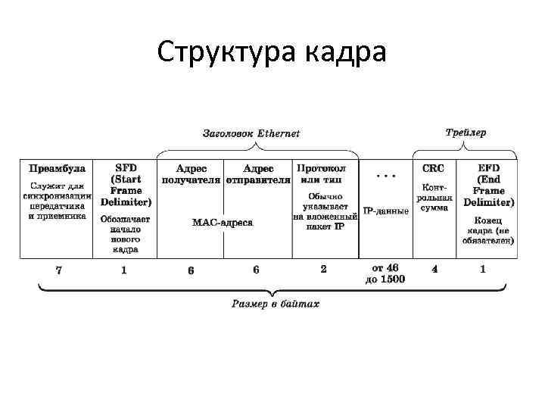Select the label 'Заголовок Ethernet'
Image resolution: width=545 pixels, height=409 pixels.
point(251,134)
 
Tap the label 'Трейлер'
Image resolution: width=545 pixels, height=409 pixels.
point(466,132)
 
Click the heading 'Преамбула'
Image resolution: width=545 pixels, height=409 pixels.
point(57,168)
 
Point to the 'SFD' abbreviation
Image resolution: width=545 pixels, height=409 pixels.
point(126,168)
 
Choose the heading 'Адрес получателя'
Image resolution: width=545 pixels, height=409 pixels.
point(191,174)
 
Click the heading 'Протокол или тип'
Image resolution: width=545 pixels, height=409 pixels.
point(322,173)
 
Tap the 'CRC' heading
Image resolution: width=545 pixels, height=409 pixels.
point(433,168)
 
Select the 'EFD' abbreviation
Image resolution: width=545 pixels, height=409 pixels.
point(489,168)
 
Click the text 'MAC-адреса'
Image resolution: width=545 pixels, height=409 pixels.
point(223,223)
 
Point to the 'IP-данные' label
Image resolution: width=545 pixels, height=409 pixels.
point(386,211)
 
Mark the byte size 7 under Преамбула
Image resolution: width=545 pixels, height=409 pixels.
point(58,269)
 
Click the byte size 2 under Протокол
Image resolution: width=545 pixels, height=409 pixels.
point(323,268)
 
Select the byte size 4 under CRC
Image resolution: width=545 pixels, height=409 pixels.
point(434,268)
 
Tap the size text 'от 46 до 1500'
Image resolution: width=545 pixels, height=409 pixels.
point(386,273)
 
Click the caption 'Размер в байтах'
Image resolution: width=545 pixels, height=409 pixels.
point(276,304)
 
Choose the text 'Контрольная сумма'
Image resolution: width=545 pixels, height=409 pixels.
point(434,196)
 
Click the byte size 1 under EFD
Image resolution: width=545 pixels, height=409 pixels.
point(483,268)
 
